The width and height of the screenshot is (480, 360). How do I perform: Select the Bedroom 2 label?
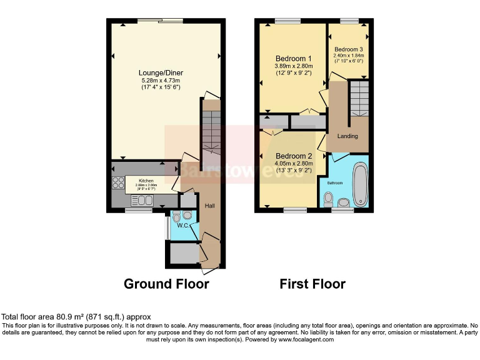point(293,156)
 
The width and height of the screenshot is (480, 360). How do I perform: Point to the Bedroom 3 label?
point(348,49)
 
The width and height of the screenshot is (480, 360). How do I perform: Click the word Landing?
point(347,136)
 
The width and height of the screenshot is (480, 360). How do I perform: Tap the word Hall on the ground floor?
point(211,207)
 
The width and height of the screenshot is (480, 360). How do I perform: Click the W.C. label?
point(182,226)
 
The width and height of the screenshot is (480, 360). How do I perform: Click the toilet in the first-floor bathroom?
point(329,199)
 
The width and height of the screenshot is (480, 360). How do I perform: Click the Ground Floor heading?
point(166,284)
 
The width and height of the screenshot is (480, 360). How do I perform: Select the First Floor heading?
point(312,284)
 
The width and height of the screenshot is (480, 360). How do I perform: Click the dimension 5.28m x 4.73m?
point(161,81)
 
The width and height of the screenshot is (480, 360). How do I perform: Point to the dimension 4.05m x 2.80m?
point(293,164)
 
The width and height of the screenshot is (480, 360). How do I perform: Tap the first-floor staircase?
point(359,98)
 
